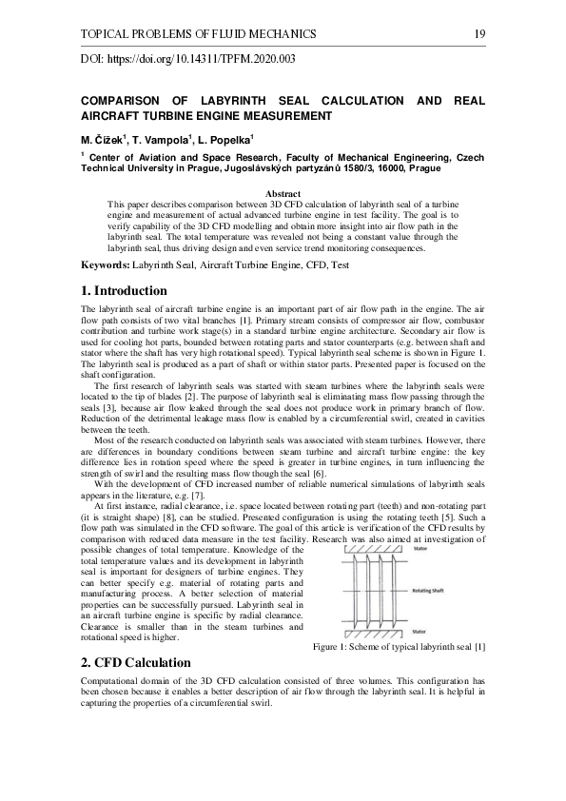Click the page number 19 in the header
(478, 35)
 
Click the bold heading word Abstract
(283, 194)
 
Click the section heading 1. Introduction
(124, 290)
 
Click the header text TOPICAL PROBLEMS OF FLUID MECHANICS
(199, 35)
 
